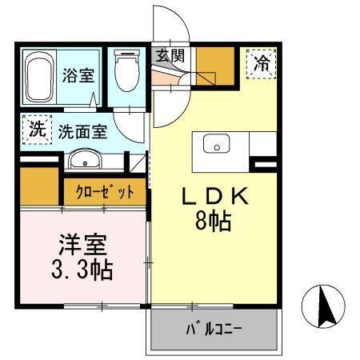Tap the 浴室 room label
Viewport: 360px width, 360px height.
78,76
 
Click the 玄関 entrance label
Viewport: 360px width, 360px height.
170,56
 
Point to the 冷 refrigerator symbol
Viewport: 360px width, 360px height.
261,62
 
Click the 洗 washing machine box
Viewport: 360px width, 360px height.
35,130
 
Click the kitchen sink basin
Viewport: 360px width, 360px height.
215,145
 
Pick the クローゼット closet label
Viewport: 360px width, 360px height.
105,192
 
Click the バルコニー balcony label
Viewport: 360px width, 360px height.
214,328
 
